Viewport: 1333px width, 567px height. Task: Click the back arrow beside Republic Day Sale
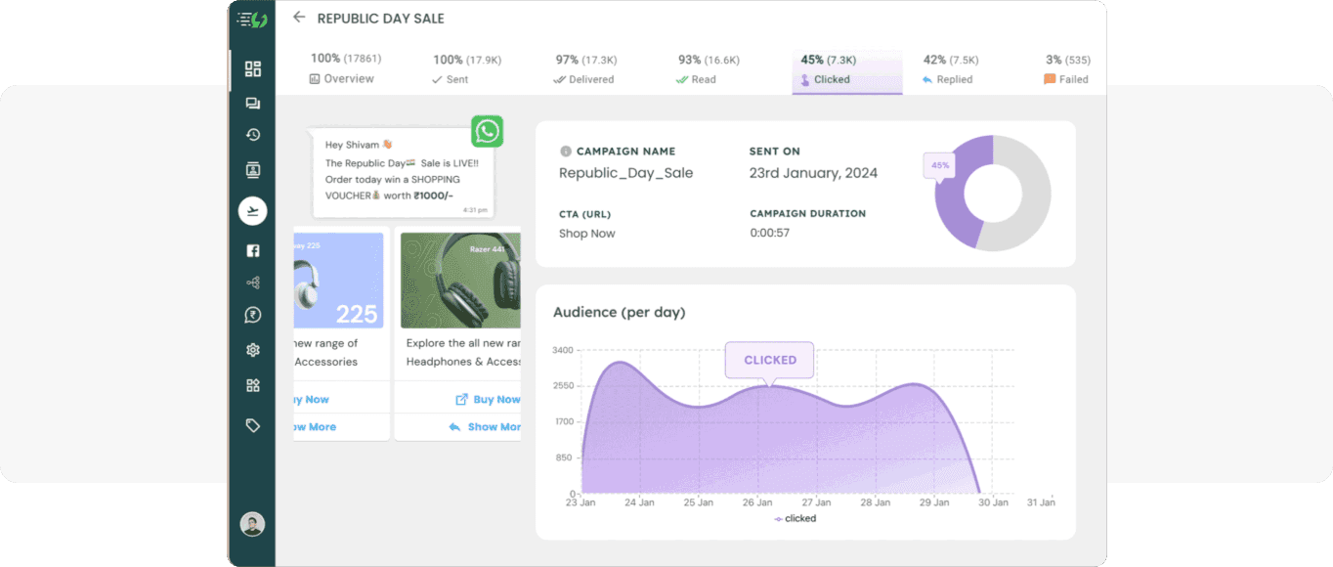299,18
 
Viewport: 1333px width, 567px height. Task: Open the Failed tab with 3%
1066,70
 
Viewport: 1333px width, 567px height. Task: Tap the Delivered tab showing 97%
585,70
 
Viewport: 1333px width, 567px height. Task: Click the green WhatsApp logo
487,131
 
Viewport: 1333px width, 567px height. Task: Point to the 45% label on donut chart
939,165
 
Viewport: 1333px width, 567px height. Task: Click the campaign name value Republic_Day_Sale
625,173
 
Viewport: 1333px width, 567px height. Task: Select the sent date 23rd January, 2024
813,173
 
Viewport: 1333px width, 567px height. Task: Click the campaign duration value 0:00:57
769,233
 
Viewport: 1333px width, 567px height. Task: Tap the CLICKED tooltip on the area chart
770,360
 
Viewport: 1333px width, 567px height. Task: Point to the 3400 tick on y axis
563,350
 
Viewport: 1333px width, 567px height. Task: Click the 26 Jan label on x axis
757,502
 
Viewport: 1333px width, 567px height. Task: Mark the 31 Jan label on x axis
1041,502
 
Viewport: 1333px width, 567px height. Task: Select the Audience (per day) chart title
620,313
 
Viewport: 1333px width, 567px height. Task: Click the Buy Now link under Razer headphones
488,399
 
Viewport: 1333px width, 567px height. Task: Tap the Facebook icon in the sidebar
253,251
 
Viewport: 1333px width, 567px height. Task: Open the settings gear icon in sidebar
253,350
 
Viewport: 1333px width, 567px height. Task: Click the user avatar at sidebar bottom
252,524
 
